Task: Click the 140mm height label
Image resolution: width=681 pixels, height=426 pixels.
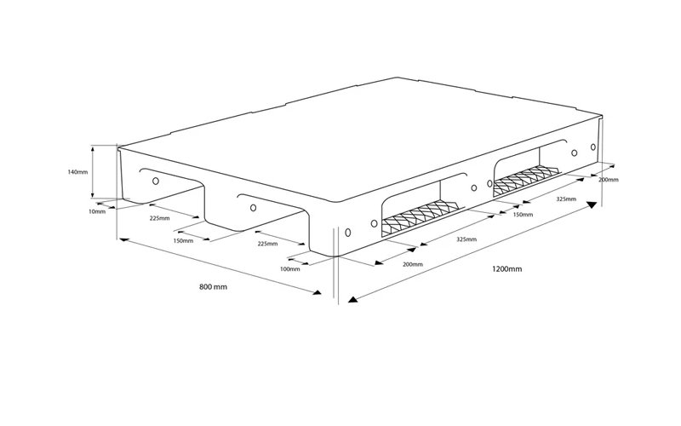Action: click(77, 172)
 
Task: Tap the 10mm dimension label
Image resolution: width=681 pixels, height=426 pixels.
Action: click(97, 211)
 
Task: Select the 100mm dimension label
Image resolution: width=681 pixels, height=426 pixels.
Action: click(289, 269)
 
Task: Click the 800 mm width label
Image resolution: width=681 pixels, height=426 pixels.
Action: click(214, 287)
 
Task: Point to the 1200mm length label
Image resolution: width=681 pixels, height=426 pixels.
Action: click(506, 269)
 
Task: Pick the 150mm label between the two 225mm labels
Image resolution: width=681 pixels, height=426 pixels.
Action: click(183, 241)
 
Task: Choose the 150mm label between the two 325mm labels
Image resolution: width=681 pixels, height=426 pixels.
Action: click(523, 215)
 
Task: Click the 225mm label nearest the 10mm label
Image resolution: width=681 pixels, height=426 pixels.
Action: click(159, 218)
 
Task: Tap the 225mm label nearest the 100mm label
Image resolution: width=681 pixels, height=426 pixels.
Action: click(267, 244)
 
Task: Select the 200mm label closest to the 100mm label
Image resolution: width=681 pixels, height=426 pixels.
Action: click(413, 264)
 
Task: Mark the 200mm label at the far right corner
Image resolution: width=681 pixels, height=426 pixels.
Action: click(609, 180)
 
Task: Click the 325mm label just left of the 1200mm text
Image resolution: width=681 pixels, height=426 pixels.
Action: click(466, 239)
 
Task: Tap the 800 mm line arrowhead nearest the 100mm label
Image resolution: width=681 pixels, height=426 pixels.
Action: click(317, 292)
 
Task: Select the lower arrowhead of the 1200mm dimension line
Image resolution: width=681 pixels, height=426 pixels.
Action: click(352, 299)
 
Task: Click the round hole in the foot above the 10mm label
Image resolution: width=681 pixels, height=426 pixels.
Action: click(156, 181)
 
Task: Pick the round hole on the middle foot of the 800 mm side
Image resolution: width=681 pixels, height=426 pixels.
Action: click(253, 208)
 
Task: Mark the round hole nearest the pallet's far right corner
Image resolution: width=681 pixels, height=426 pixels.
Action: click(593, 147)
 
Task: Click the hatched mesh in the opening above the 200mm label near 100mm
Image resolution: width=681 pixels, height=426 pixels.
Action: click(420, 217)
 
